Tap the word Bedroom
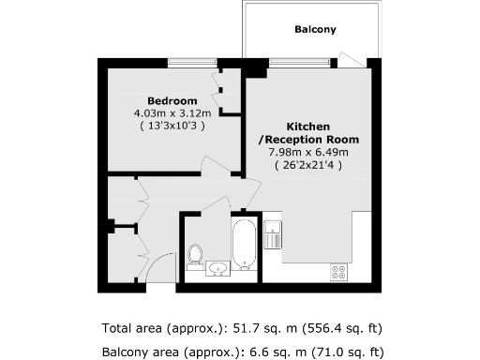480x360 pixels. pyautogui.click(x=172, y=101)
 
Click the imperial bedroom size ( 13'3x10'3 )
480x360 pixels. pyautogui.click(x=172, y=125)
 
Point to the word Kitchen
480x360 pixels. pyautogui.click(x=308, y=127)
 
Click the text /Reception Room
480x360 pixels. pyautogui.click(x=308, y=140)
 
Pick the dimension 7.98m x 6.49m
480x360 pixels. pyautogui.click(x=308, y=152)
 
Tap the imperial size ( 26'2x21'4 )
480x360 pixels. pyautogui.click(x=308, y=164)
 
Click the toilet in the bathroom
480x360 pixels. pyautogui.click(x=195, y=254)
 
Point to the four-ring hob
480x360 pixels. pyautogui.click(x=338, y=272)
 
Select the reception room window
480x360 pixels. pyautogui.click(x=299, y=63)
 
